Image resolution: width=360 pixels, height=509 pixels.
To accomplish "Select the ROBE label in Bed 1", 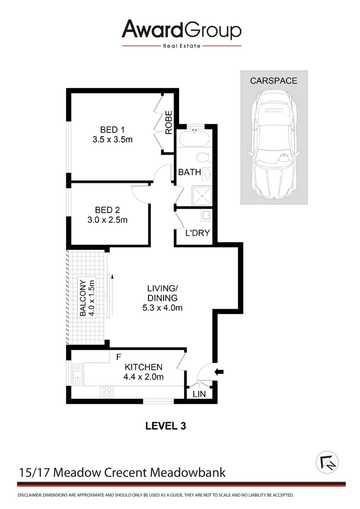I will click(x=169, y=123).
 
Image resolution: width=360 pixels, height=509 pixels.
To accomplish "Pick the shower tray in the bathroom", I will click(x=201, y=195).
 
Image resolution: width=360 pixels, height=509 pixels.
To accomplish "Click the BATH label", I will click(x=189, y=172).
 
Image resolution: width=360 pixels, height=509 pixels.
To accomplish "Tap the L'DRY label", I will click(x=197, y=233).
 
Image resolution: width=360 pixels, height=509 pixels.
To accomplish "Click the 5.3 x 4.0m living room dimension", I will click(x=162, y=308).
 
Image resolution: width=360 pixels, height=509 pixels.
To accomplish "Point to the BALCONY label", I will click(x=83, y=298).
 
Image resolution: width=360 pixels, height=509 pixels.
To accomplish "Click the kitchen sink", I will click(x=77, y=375).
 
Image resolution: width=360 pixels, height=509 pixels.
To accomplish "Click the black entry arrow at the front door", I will click(x=219, y=372).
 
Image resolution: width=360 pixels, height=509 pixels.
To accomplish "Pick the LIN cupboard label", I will click(x=199, y=394).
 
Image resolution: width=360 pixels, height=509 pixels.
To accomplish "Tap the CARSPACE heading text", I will click(x=273, y=81).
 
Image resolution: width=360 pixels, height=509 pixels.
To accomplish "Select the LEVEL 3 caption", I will click(x=165, y=426).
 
